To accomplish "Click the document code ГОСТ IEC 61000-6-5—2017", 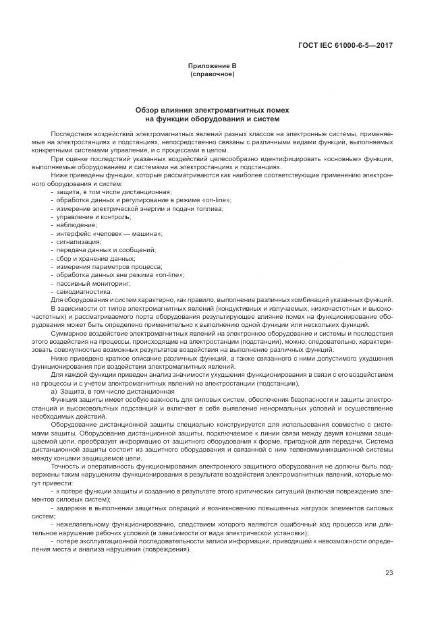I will pyautogui.click(x=345, y=46).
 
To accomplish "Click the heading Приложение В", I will pyautogui.click(x=213, y=66).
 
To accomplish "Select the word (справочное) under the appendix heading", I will pyautogui.click(x=213, y=73).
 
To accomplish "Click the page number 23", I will pyautogui.click(x=389, y=573).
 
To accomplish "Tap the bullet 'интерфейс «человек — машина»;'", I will pyautogui.click(x=100, y=233).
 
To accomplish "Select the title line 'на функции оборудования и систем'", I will pyautogui.click(x=213, y=117).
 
